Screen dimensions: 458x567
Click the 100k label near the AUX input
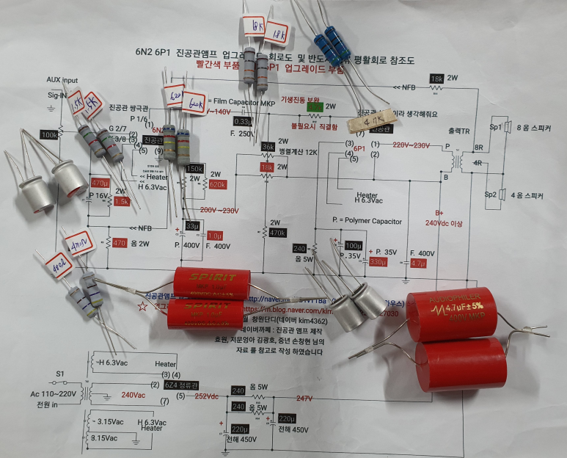50,135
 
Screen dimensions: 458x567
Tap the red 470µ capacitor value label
99,182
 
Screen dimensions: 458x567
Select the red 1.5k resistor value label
121,200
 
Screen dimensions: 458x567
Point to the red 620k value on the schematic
217,185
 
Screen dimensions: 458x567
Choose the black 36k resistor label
267,146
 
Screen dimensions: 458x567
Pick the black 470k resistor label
277,233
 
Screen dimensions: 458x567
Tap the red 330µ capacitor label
378,262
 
